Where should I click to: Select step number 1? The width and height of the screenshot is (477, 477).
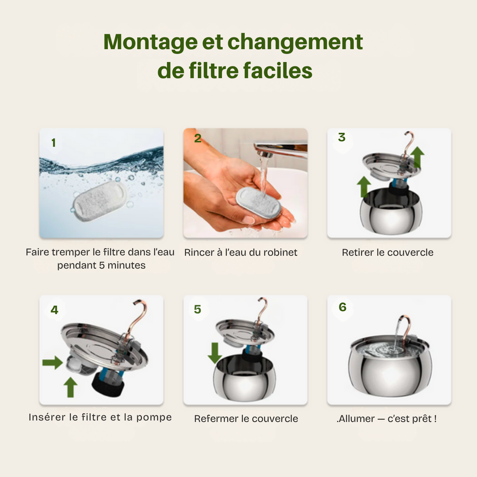54,143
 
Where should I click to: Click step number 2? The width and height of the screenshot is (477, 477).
197,138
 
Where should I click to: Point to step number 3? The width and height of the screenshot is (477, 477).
342,137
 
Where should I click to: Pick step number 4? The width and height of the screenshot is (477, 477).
54,310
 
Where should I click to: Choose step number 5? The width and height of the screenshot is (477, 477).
197,309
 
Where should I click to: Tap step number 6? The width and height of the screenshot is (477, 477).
343,307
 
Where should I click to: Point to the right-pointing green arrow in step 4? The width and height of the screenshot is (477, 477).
52,363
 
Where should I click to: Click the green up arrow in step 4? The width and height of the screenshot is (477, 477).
70,387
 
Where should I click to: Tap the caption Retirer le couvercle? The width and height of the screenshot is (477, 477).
387,252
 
